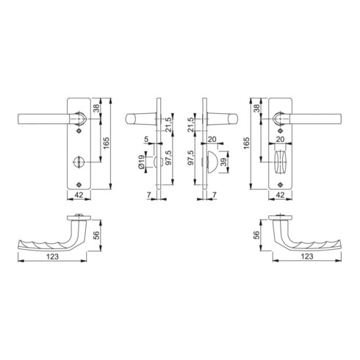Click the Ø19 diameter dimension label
141,162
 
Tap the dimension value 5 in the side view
146,140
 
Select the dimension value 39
223,162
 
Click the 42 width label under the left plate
79,195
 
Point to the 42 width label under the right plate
280,195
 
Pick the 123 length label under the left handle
53,256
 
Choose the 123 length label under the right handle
307,256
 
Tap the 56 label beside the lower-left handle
97,235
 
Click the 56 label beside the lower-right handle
256,235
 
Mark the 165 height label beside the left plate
106,143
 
